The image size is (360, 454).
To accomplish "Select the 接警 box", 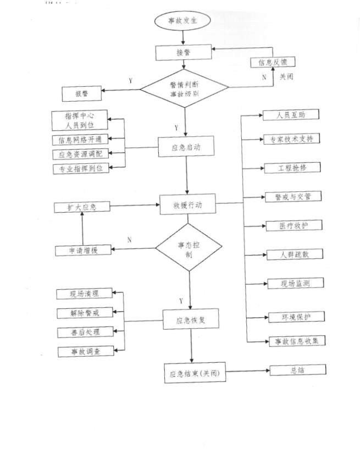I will click(184, 53).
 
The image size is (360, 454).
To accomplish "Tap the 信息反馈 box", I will click(273, 63).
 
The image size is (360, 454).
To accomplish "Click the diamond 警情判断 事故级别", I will click(185, 89).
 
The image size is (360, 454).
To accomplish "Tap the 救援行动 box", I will click(187, 204).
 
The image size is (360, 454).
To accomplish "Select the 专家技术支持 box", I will click(291, 139).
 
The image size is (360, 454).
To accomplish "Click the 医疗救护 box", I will click(293, 225).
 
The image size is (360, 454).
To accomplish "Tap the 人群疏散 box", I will click(294, 254).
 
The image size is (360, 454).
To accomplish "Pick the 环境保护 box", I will click(296, 317).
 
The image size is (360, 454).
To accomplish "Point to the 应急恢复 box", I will click(190, 319).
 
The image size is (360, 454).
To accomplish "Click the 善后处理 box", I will click(85, 332).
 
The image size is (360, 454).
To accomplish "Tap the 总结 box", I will click(297, 370).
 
